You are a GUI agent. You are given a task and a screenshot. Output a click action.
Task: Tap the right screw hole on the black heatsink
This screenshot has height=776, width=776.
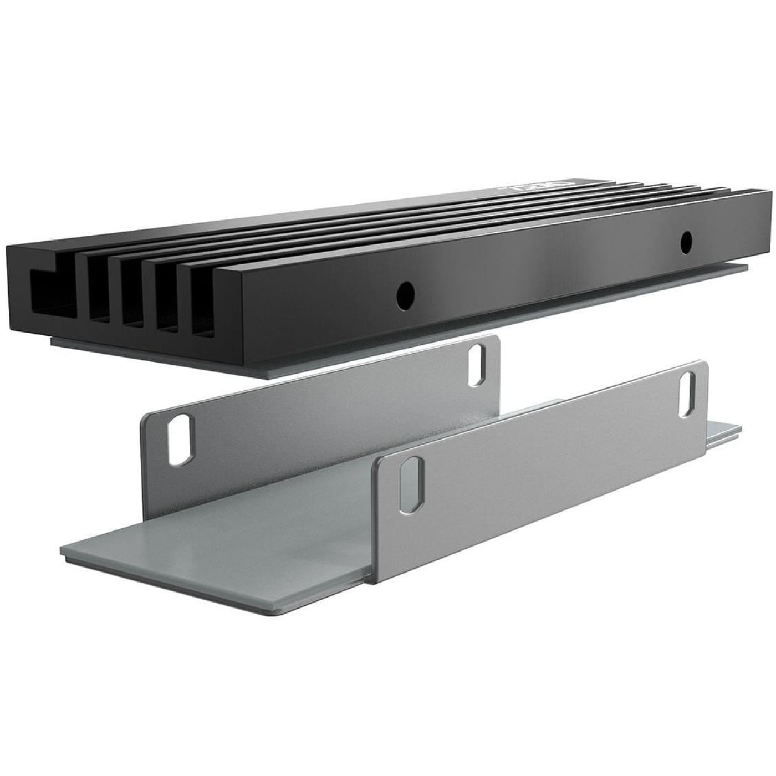point(686,240)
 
